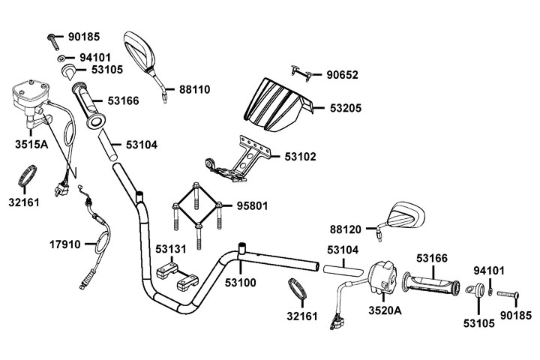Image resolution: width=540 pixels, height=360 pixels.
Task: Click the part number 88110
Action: point(194,89)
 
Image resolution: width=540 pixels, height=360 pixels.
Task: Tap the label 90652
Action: point(342,74)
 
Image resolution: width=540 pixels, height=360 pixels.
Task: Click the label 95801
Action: point(253,205)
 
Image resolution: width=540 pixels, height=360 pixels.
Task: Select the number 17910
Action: point(66,244)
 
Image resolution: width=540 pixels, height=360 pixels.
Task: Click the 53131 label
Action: point(172,249)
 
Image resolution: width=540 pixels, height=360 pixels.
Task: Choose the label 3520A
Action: point(385,310)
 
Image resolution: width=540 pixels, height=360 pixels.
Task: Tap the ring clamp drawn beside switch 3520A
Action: point(298,289)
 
